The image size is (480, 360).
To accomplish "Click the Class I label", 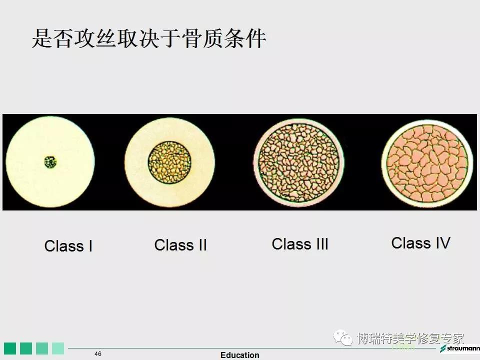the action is point(68,246).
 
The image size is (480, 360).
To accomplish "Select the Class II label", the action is point(180,245).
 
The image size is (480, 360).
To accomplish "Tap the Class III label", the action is point(300,244).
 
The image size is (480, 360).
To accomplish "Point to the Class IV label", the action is point(421,243).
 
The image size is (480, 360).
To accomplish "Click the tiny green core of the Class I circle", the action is point(50,162).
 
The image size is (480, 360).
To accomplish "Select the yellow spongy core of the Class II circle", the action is point(169,162).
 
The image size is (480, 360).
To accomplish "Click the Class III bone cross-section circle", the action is point(299,162).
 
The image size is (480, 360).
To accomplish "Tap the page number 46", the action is point(98,354).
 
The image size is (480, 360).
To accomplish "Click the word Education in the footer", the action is point(239,355).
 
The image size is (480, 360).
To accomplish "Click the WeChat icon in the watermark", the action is point(343,337).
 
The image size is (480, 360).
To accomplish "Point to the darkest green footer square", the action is point(10,348).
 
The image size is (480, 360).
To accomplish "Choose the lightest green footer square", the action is point(58,348).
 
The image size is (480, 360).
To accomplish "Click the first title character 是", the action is point(42,38).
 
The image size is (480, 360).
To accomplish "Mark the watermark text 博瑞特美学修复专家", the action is point(410,338).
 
